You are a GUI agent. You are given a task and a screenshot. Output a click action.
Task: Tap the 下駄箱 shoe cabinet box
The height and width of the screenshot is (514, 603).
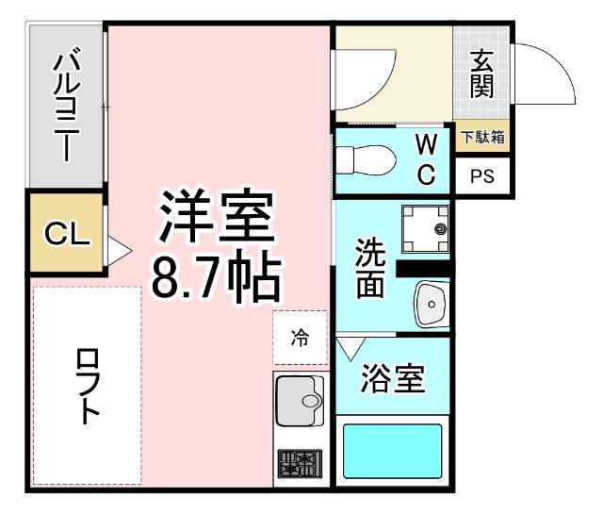point(482,137)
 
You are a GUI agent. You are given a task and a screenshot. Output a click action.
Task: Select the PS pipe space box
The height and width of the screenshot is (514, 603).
point(482,176)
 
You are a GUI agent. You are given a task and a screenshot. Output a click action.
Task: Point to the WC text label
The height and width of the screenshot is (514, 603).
point(426,158)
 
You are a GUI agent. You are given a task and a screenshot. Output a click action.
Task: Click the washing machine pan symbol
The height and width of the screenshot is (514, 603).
point(426,229)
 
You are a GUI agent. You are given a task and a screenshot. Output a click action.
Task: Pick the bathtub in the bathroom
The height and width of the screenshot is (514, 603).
point(391,452)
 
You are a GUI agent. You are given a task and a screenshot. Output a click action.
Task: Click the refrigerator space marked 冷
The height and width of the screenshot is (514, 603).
point(300,338)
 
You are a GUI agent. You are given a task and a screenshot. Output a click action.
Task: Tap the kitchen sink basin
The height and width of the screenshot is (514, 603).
point(300,402)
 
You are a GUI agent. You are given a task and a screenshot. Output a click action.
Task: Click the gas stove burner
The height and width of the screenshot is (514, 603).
point(300,463)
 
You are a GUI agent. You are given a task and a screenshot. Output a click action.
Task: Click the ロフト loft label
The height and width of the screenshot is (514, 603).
point(87,387)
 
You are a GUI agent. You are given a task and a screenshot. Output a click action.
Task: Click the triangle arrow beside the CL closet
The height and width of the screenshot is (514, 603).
point(118,251)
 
